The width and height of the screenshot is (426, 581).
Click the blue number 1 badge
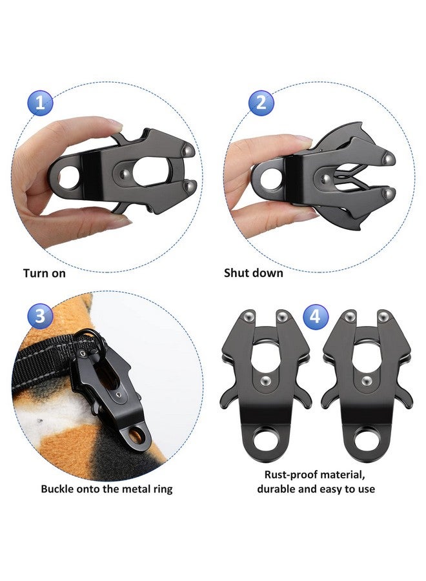pos(40,103)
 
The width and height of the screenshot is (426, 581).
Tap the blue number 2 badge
pos(261,103)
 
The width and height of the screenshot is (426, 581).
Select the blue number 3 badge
pos(40,316)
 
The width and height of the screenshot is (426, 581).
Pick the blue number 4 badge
pos(315,316)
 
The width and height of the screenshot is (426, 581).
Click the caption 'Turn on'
pos(45,273)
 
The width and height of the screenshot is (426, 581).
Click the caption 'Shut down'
pos(253,273)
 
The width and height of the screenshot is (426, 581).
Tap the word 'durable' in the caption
pos(279,489)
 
